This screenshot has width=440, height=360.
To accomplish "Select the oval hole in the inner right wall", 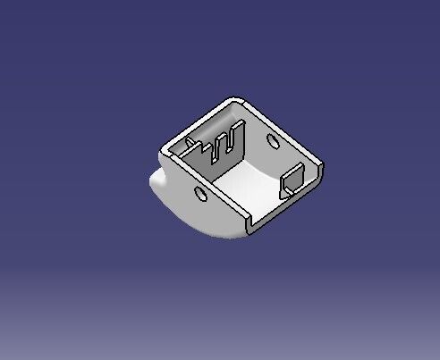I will tap(271, 139).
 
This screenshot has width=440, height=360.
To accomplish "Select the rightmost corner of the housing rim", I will tap(321, 166).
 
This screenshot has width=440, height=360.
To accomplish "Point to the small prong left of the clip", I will tap(191, 142).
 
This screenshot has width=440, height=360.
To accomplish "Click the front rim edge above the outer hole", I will tap(205, 184).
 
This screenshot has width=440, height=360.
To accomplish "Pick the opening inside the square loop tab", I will tap(296, 180).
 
